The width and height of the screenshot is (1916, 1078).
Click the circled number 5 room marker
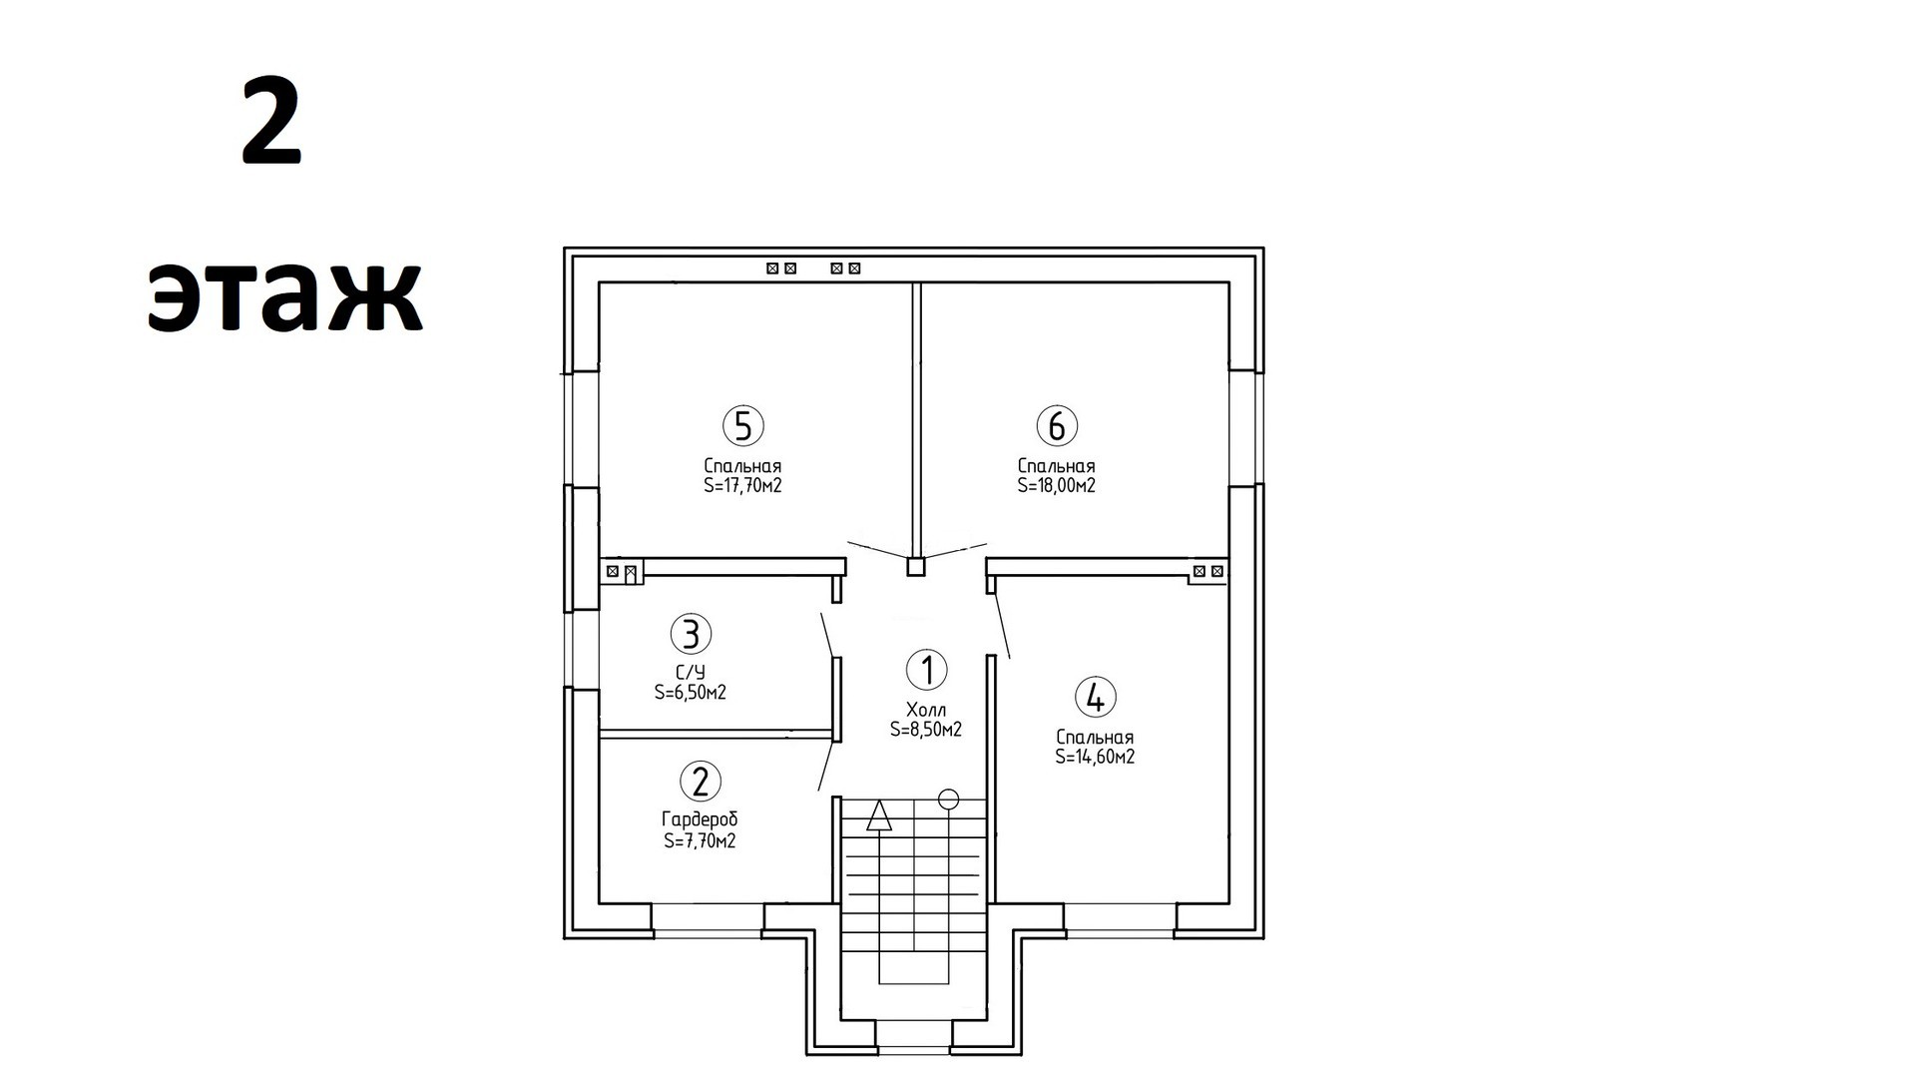point(743,426)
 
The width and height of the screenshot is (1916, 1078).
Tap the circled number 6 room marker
point(1057,426)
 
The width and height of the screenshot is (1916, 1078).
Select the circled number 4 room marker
point(1095,698)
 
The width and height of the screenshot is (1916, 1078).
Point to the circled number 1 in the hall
point(927,670)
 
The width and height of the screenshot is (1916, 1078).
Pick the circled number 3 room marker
point(691,634)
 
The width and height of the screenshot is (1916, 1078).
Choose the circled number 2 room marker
point(700,781)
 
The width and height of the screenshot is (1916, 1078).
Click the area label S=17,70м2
point(742,486)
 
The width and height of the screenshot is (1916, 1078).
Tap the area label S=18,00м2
point(1057,486)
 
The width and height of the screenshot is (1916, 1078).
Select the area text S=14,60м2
point(1095,757)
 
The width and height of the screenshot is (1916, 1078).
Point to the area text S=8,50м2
point(926,730)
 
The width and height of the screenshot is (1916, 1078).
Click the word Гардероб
point(700,819)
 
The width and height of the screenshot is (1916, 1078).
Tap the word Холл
point(926,710)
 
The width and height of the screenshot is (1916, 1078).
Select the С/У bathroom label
point(691,673)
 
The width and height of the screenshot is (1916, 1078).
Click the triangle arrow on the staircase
point(878,815)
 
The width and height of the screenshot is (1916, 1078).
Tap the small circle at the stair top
point(949,799)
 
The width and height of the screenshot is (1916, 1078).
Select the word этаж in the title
point(285,296)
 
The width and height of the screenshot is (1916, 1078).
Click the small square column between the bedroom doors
point(916,567)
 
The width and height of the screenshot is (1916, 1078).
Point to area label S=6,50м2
point(691,693)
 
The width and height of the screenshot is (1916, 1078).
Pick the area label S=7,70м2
point(700,840)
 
